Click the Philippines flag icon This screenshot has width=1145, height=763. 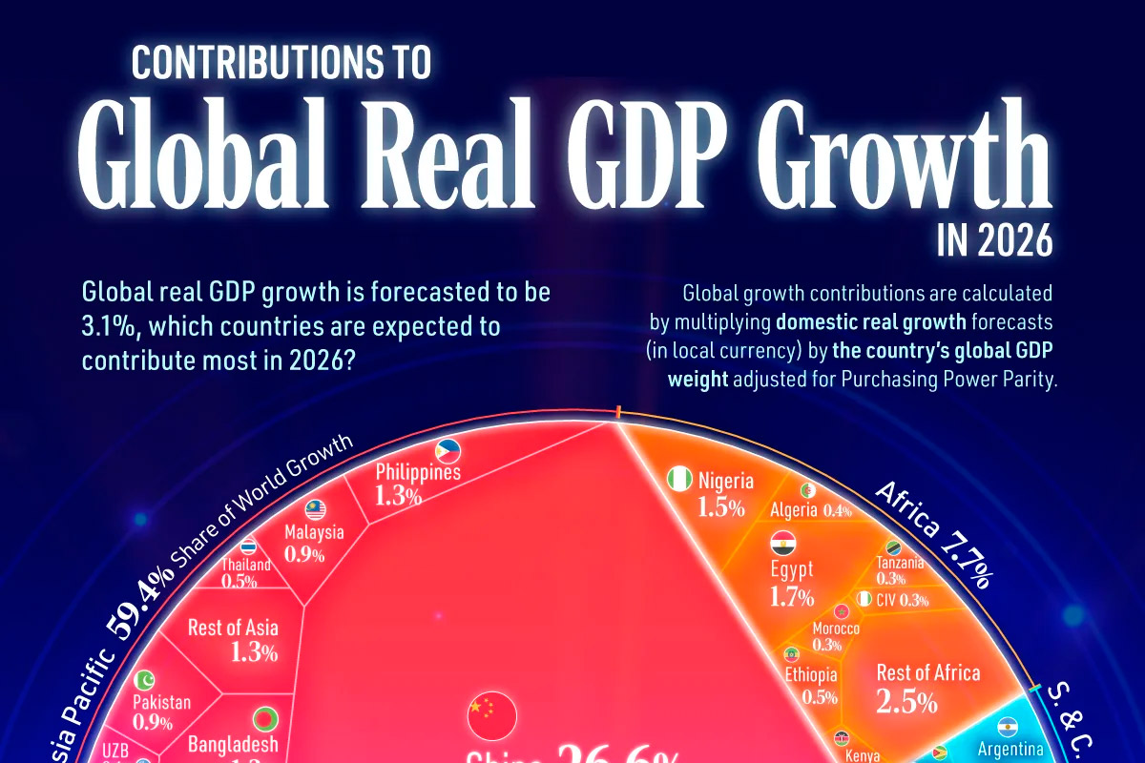point(448,451)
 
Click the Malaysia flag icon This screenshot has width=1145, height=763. point(316,510)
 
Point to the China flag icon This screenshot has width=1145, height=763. point(491,711)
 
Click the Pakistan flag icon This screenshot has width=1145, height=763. point(144,680)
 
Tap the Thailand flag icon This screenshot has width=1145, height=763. point(249,546)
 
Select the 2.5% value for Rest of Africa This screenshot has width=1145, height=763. point(906,703)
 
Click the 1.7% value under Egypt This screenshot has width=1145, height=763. point(792,598)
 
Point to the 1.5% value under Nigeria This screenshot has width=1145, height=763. point(721,507)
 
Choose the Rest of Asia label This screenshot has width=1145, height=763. point(234,627)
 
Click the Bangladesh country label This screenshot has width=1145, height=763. point(232,744)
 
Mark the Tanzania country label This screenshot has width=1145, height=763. point(900,563)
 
